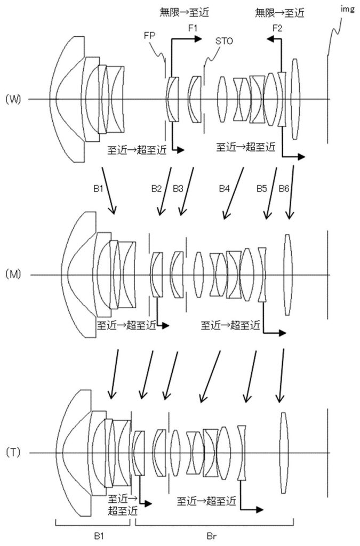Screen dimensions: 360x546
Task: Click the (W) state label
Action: click(x=13, y=100)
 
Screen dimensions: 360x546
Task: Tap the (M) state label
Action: click(x=13, y=275)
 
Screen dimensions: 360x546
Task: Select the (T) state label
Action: click(x=13, y=452)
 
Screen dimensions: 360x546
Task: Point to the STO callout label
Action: click(x=224, y=41)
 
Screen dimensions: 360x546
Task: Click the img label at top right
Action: click(x=347, y=10)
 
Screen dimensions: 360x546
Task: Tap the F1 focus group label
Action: click(x=193, y=28)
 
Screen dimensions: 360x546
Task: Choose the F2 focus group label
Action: click(x=277, y=28)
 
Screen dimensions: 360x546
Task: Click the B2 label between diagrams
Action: click(x=156, y=189)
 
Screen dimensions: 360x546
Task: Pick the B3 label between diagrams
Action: click(x=178, y=189)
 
